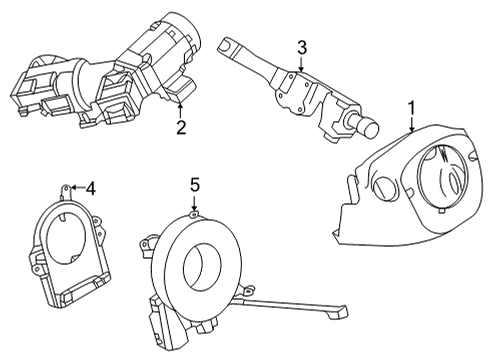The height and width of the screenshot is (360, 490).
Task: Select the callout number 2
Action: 180,127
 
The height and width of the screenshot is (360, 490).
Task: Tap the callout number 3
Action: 301,47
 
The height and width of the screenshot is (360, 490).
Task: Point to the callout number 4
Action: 90,186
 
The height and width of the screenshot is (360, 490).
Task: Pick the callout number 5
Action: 196,185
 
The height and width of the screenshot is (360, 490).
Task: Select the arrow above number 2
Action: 180,108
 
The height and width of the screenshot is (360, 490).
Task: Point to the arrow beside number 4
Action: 74,187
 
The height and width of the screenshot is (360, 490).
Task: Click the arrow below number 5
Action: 196,204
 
